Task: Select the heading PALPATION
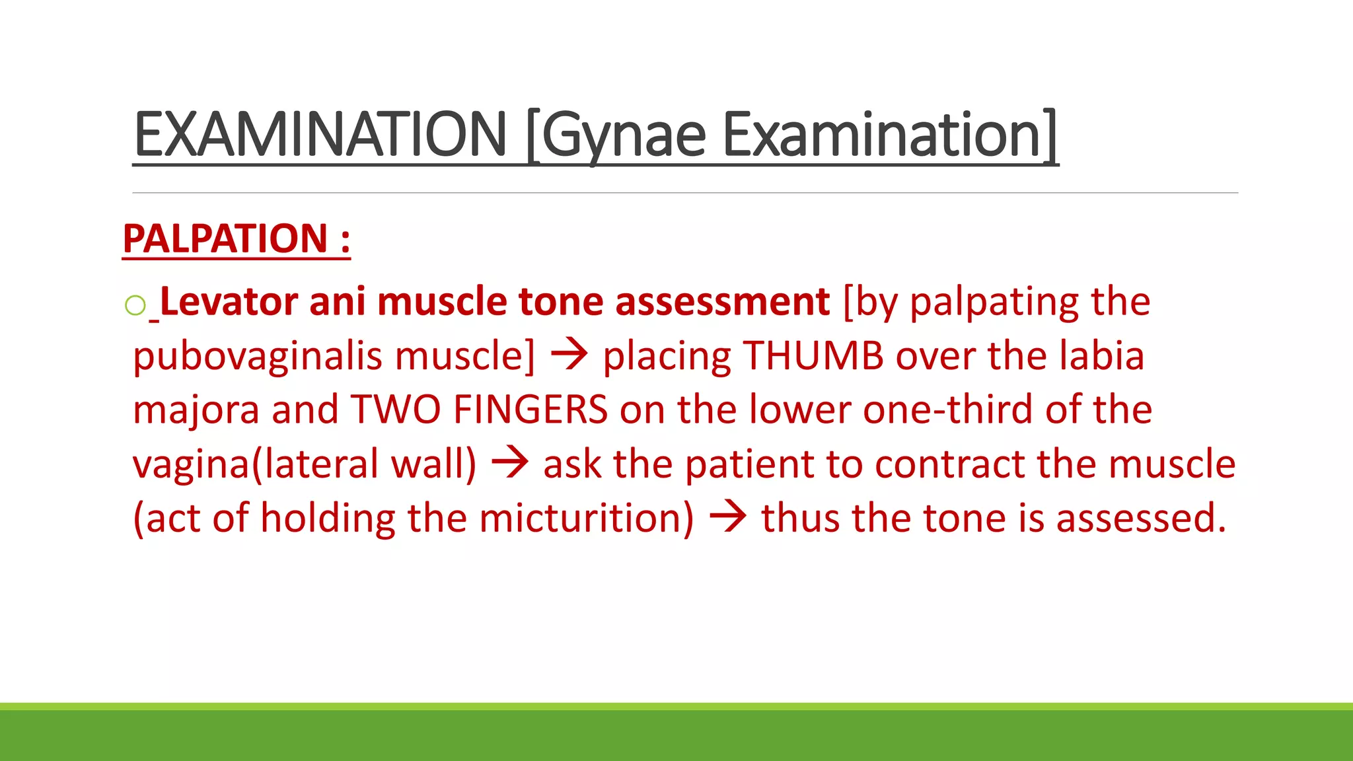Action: click(225, 238)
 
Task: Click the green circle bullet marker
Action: click(135, 305)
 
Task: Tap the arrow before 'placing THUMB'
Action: click(569, 355)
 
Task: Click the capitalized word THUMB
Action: click(813, 356)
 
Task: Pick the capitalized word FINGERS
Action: click(530, 410)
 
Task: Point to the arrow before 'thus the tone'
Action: click(728, 517)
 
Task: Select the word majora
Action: click(196, 410)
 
